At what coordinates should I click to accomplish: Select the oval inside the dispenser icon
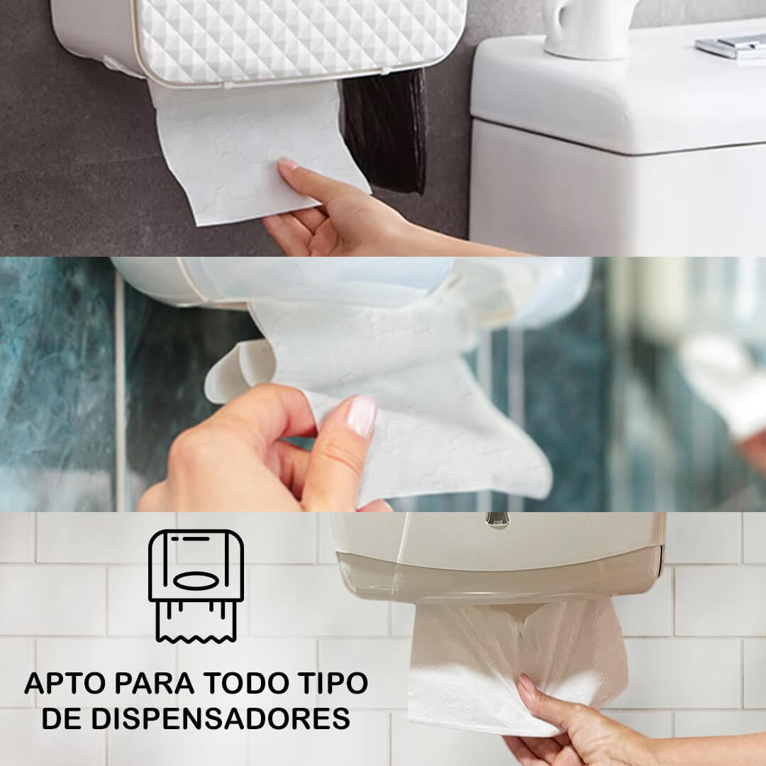[x=196, y=581]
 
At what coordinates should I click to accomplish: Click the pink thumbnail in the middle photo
[x=362, y=416]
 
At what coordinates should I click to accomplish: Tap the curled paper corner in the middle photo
[x=240, y=370]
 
